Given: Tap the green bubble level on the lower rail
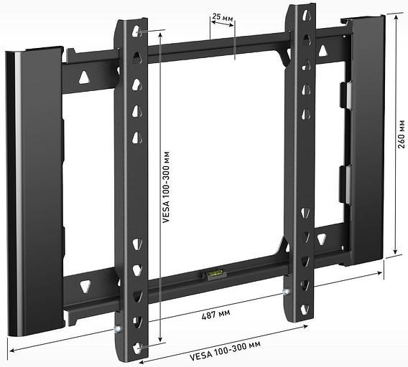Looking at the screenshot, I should pyautogui.click(x=214, y=272).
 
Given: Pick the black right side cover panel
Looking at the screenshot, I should pyautogui.click(x=367, y=143).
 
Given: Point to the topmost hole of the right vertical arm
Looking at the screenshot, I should pyautogui.click(x=307, y=14).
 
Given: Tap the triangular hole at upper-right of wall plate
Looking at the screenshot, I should pyautogui.click(x=323, y=50).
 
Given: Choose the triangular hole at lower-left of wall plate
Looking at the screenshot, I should pyautogui.click(x=85, y=285).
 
